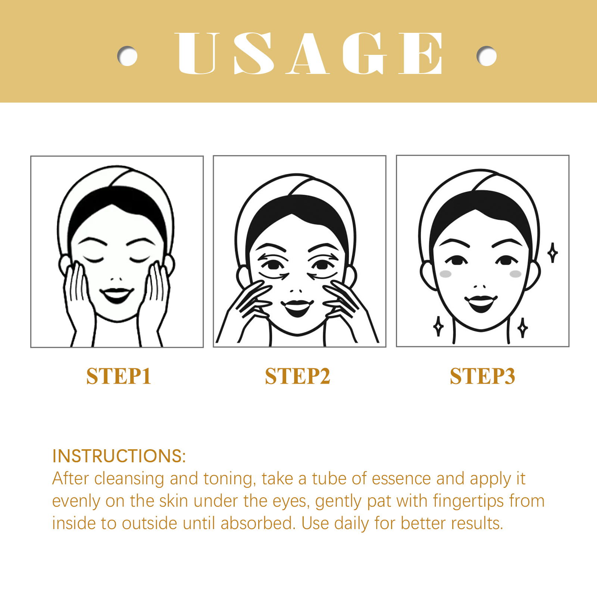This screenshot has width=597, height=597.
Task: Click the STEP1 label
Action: coord(119,376)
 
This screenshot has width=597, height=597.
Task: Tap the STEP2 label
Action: coord(297,376)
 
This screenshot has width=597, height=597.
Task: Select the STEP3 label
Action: coord(482,376)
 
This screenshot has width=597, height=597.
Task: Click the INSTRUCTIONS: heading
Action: coord(119,456)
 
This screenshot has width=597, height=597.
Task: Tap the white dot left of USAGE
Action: coord(127,56)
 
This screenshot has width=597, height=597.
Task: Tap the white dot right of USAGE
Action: coord(487,56)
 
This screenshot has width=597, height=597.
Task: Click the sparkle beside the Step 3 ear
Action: coord(553,253)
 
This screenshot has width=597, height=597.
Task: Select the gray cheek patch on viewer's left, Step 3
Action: coord(446,274)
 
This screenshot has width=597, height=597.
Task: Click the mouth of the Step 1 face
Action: coord(116,295)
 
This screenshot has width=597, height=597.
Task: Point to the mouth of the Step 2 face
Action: coord(297,308)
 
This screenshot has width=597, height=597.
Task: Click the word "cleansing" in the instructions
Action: coord(129,479)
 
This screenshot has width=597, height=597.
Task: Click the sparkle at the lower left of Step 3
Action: coord(438,326)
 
